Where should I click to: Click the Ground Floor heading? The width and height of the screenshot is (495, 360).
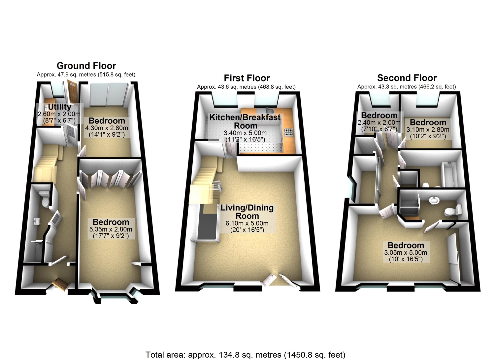coord(86,66)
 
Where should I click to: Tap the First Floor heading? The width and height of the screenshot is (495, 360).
coord(247,78)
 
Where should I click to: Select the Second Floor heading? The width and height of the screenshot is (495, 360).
coord(407,78)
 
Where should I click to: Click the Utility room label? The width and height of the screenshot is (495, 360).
coord(60,107)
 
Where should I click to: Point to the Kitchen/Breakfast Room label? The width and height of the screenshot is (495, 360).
coord(245,121)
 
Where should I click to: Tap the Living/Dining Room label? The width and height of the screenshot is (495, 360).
coord(247,212)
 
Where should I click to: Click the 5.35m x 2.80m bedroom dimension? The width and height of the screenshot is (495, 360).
coord(111,229)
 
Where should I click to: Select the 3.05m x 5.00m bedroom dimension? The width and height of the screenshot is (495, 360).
coord(406,252)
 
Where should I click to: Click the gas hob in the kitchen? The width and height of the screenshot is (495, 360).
coord(289,132)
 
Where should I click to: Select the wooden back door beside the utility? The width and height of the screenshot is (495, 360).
coord(72,91)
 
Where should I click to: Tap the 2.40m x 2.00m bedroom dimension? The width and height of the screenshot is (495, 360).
coord(379,122)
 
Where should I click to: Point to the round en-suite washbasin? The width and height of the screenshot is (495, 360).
coord(434,200)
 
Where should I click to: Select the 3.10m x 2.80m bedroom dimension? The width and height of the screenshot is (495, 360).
coord(428,129)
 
